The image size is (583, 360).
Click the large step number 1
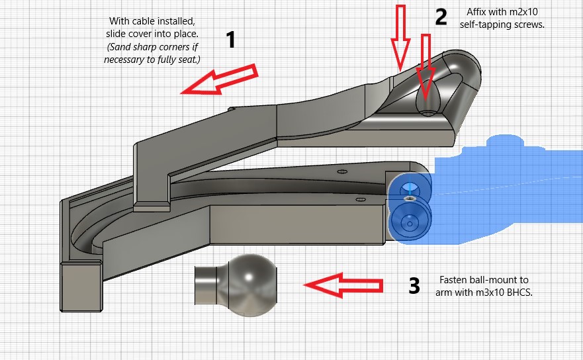[231, 41]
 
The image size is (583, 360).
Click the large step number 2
[441, 17]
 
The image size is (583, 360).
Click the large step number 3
[414, 286]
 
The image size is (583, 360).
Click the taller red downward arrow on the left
[399, 36]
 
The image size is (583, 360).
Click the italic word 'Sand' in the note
[120, 46]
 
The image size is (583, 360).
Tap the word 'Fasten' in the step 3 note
[455, 280]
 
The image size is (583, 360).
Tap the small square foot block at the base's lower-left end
[81, 285]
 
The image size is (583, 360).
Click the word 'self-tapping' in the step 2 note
[488, 24]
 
